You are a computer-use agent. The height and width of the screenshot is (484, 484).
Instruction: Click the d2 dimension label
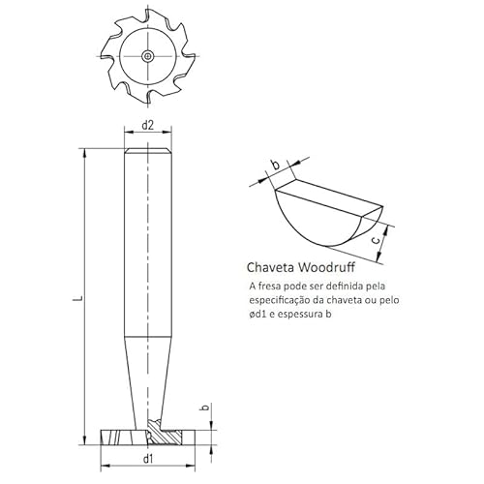148,126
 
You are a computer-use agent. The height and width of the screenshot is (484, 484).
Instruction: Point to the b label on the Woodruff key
275,166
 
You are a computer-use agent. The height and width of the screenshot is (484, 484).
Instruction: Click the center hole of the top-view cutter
145,56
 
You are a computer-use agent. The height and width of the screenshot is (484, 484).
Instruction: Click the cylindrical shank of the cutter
148,242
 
